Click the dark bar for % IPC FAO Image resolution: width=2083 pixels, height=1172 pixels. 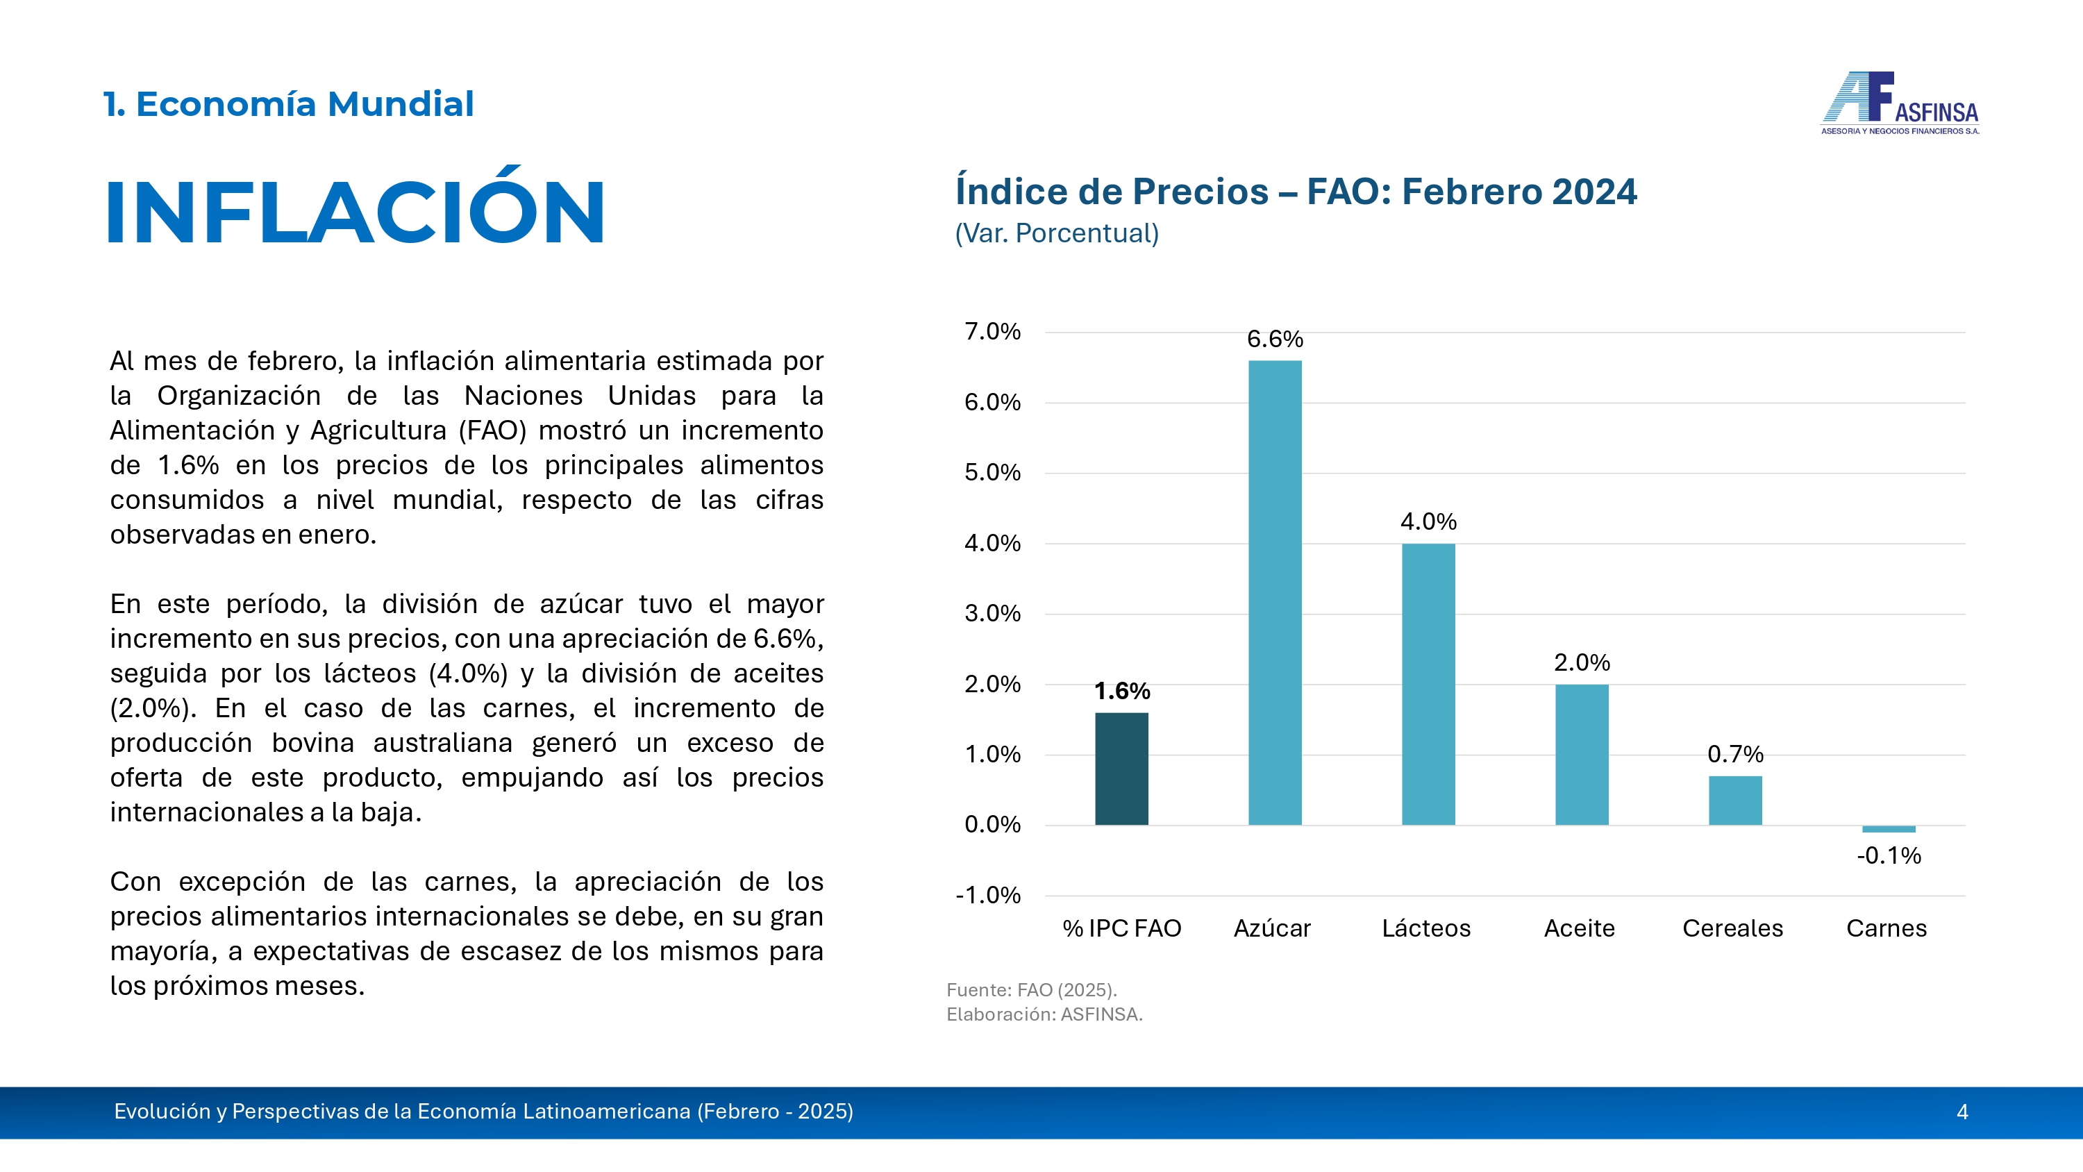pos(1121,769)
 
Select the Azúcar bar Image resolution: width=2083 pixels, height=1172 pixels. pos(1275,593)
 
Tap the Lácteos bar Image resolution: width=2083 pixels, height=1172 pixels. pos(1428,685)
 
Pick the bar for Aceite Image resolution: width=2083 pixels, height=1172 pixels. pos(1582,755)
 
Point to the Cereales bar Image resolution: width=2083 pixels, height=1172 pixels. pos(1735,801)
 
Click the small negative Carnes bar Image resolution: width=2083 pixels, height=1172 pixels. pos(1889,829)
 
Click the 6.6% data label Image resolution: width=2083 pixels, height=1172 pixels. pos(1275,339)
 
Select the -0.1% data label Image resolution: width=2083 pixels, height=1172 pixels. pos(1889,856)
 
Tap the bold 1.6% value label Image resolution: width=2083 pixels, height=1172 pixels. pos(1122,691)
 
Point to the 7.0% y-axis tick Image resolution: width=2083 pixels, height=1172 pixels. pos(992,332)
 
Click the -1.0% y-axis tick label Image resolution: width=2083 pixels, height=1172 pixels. pos(988,896)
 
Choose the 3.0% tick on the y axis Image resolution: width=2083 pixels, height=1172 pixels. pos(992,614)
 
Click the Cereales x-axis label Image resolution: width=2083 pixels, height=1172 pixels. pos(1733,928)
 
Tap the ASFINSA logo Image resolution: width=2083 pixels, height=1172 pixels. pos(1900,103)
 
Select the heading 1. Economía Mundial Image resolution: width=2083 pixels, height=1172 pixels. pos(289,104)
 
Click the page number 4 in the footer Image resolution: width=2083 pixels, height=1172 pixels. pos(1961,1112)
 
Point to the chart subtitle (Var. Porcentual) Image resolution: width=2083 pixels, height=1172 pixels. pos(1057,234)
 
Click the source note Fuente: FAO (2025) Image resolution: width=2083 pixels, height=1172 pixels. pos(1032,990)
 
